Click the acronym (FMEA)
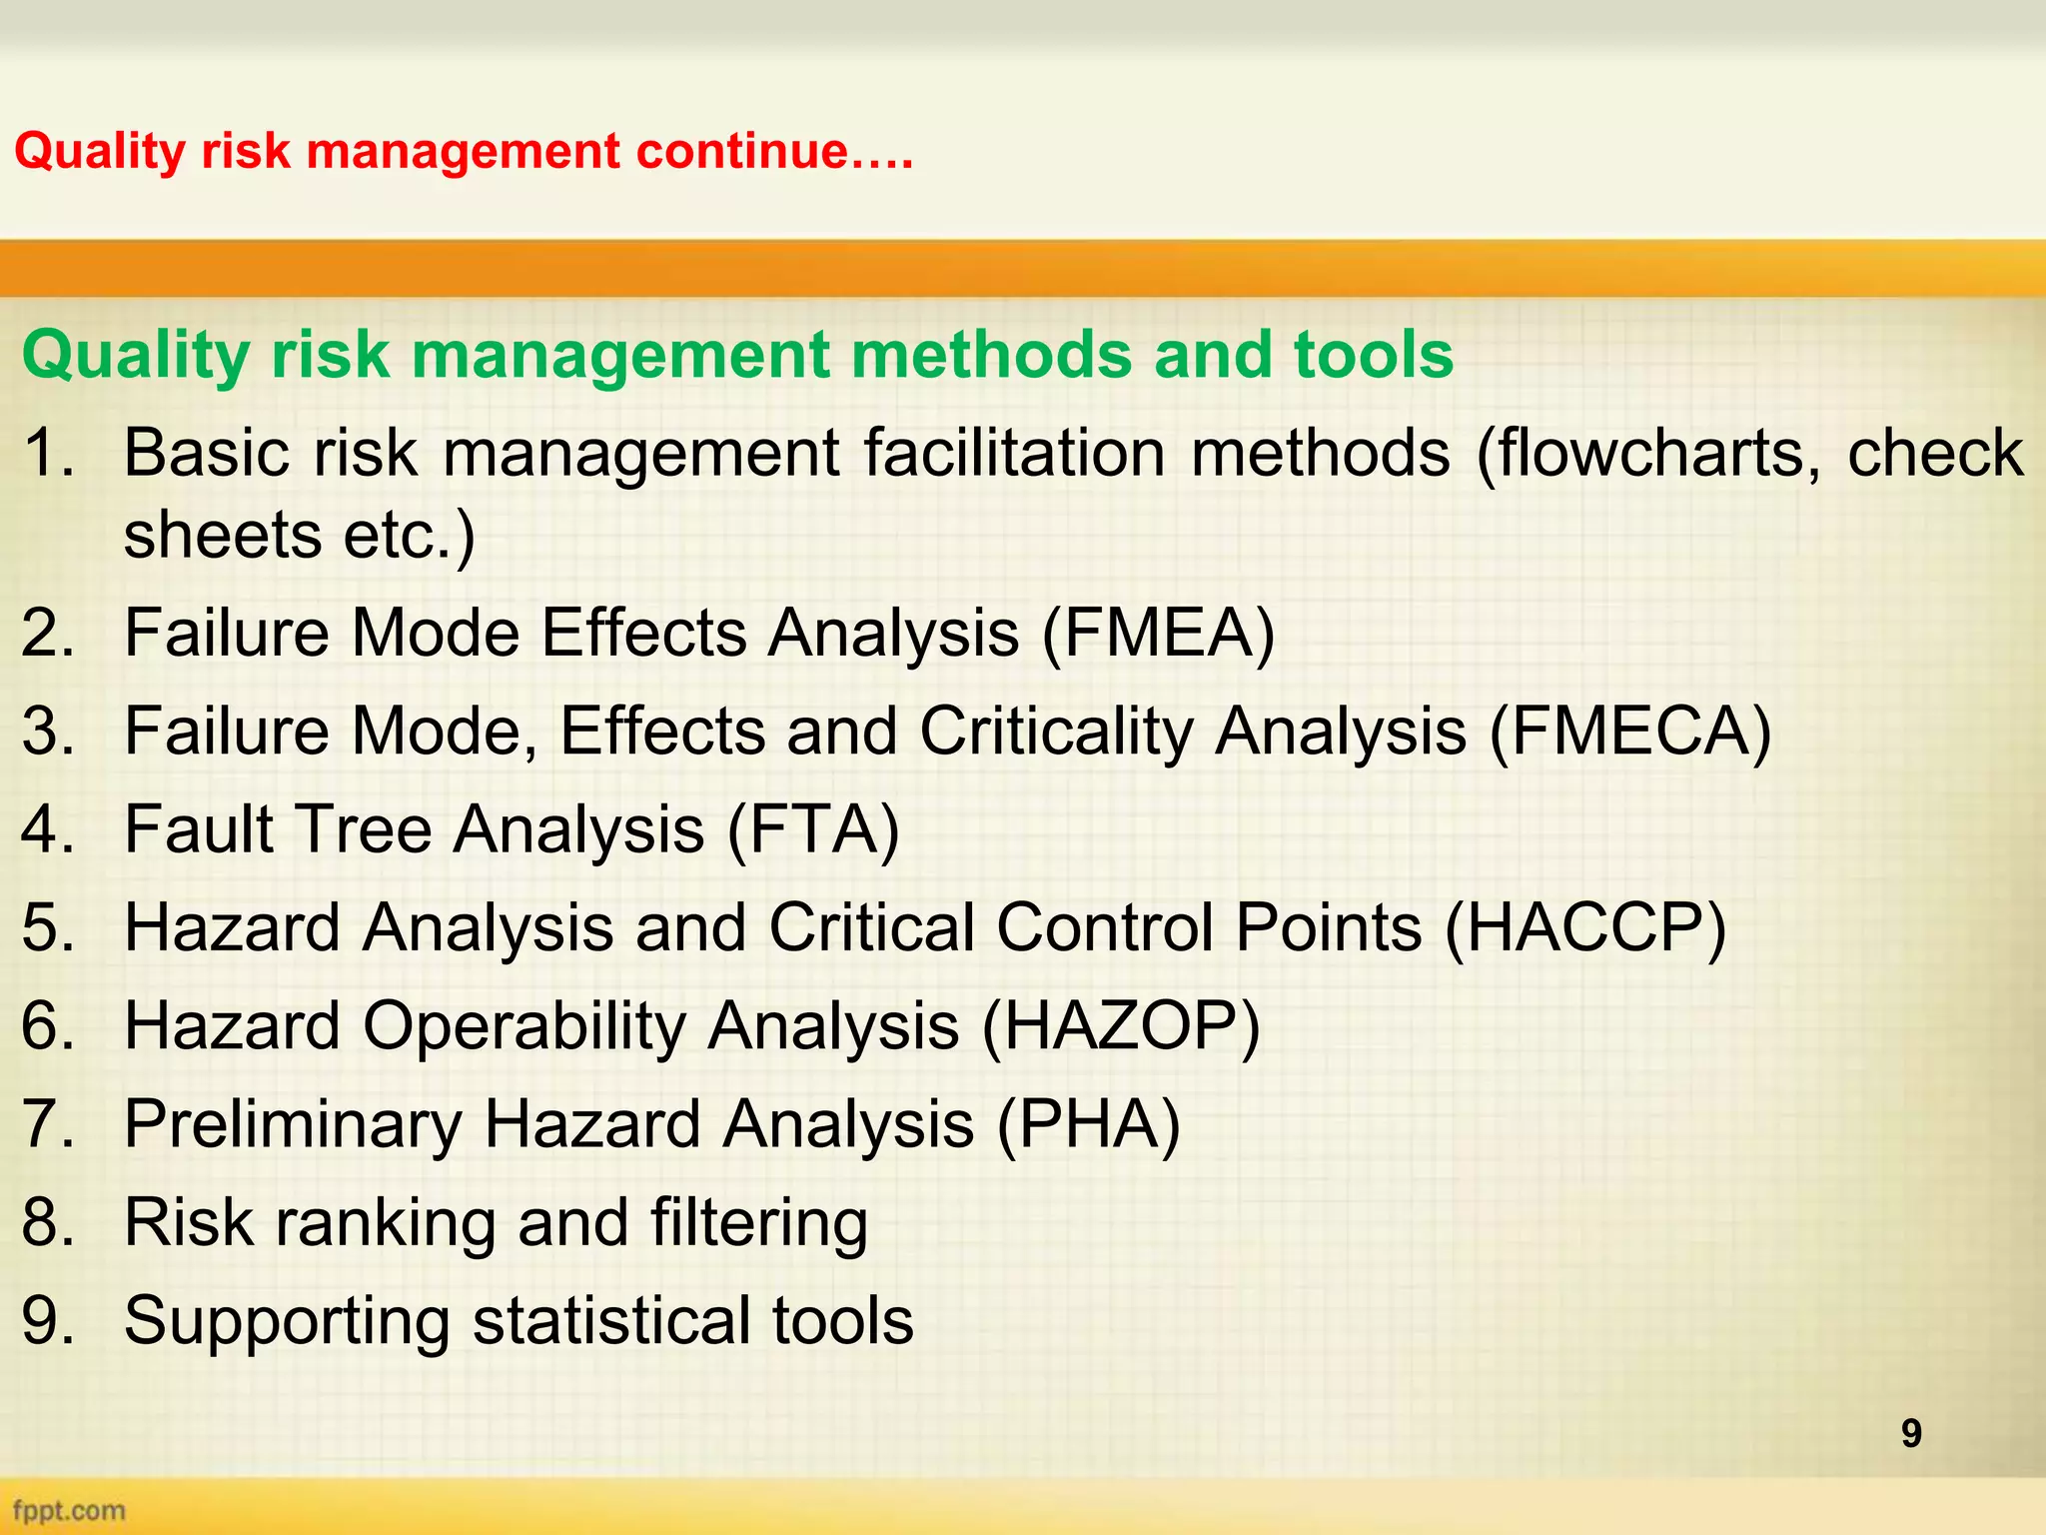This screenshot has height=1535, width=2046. click(1158, 634)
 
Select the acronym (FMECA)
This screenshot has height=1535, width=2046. click(1630, 732)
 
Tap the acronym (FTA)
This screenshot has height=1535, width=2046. click(813, 829)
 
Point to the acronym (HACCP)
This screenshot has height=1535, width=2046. click(1585, 928)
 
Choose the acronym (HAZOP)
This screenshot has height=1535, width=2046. click(1121, 1026)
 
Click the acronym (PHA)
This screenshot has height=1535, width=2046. click(1089, 1124)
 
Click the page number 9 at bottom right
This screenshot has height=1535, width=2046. click(1910, 1434)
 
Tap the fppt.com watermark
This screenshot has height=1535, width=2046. click(69, 1510)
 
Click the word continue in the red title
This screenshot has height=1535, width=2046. click(740, 152)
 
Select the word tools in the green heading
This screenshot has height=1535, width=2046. click(1373, 355)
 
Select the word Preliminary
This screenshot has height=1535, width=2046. click(292, 1124)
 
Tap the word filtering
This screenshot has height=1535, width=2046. click(758, 1222)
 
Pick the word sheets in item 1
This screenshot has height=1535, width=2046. click(222, 536)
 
